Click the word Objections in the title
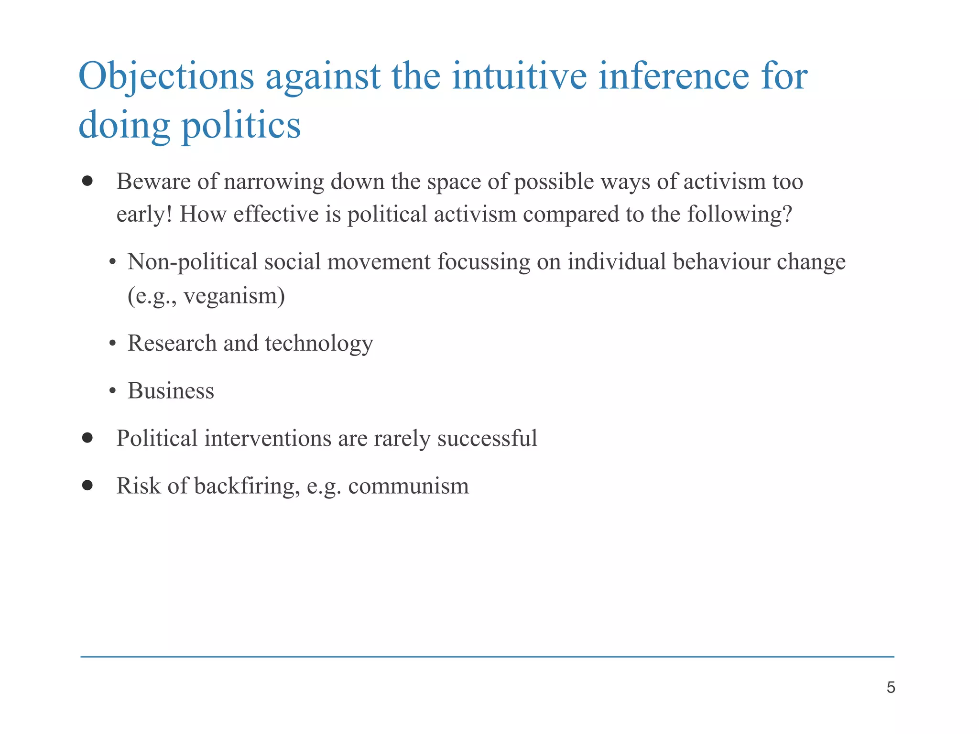166,76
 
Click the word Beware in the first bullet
153,182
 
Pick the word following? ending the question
740,215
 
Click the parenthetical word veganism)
234,296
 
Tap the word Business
171,391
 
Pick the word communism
409,486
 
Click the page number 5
891,688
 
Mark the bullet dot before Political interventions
87,438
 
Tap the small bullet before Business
113,391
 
